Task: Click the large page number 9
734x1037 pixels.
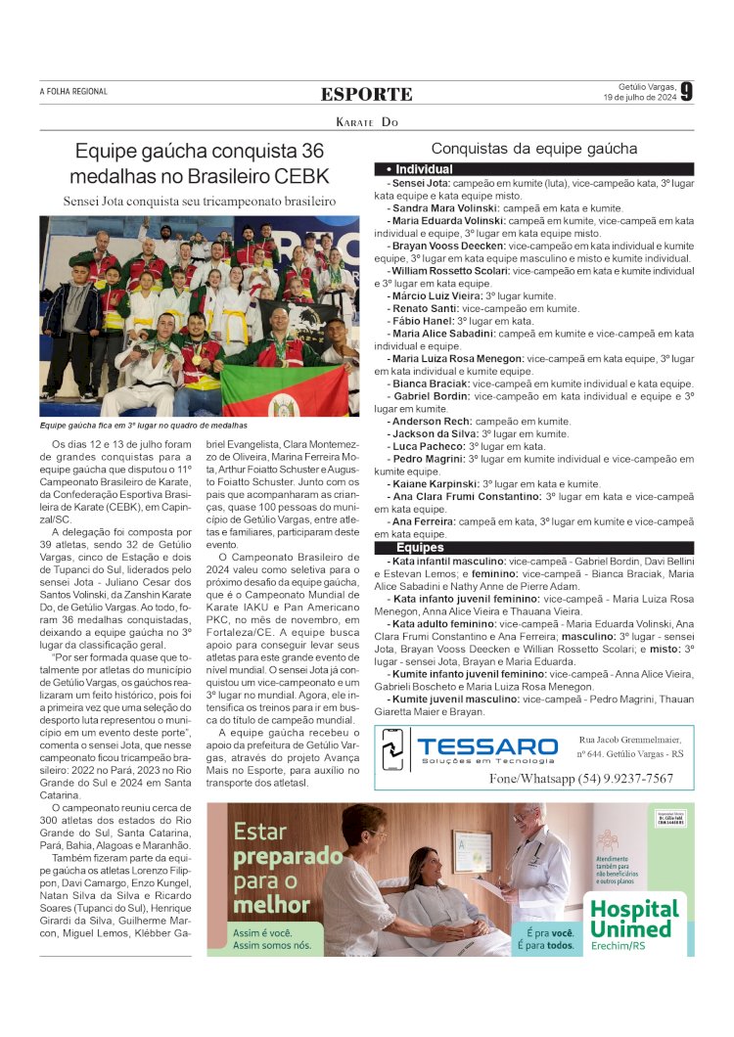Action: tap(687, 92)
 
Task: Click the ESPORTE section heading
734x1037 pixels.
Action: tap(367, 94)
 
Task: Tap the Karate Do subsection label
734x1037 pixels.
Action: tap(367, 122)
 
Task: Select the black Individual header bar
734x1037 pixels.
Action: tap(534, 169)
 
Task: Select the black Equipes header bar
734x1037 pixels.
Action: tap(534, 548)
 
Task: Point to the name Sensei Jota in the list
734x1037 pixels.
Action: tap(420, 183)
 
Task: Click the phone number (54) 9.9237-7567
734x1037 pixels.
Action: tap(581, 779)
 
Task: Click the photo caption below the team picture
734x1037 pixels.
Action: tap(144, 426)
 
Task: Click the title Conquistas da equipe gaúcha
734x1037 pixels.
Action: tap(534, 149)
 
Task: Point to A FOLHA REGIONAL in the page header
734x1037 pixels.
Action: tap(73, 92)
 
